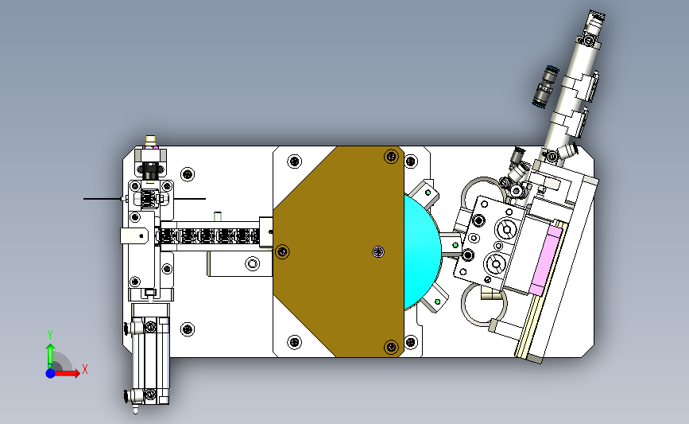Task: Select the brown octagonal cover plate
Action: point(339,251)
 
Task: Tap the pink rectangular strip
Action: point(546,259)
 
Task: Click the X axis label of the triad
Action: point(85,369)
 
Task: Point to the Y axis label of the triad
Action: point(50,335)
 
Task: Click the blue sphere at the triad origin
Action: point(51,373)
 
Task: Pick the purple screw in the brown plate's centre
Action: point(378,251)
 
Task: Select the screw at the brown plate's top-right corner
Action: point(391,156)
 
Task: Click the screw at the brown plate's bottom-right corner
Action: point(391,347)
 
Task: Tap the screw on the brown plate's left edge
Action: point(282,251)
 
